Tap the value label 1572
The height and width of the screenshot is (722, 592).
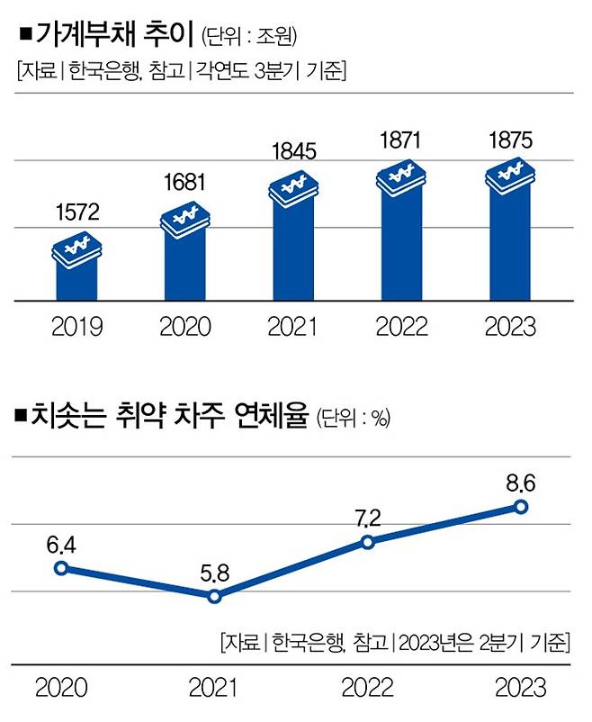coord(76,215)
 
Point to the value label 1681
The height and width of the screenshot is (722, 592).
coord(184,183)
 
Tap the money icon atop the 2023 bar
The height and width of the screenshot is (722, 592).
coord(510,174)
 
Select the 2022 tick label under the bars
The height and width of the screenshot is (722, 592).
coord(402,326)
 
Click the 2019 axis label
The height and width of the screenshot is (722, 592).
coord(76,326)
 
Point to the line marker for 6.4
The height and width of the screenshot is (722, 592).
coord(61,567)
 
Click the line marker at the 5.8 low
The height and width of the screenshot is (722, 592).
coord(214,596)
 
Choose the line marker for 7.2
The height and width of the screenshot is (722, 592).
coord(367,541)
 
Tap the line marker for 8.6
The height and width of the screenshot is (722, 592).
coord(520,506)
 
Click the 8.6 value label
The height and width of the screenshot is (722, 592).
coord(520,483)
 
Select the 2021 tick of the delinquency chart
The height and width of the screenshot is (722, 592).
coord(214,689)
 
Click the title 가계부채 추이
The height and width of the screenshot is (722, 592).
coord(116,37)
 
